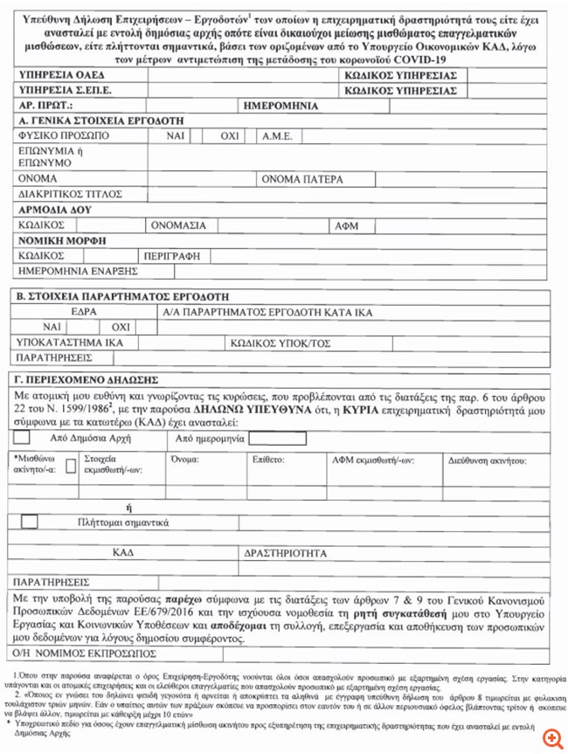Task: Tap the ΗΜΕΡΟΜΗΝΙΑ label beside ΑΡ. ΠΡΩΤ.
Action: point(279,106)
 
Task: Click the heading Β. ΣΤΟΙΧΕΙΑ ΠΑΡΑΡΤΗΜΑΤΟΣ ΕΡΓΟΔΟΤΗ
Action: point(117,296)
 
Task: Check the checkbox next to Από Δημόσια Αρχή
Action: point(22,437)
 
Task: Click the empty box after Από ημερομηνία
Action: point(277,438)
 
